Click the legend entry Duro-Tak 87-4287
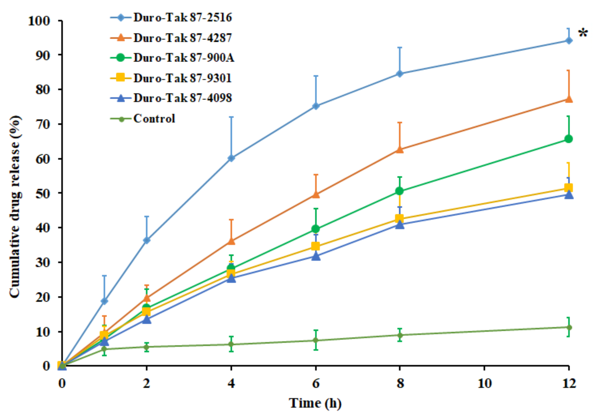click(x=183, y=38)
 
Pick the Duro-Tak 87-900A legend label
click(x=184, y=58)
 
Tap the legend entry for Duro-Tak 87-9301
click(x=183, y=78)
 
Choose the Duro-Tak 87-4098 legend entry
click(x=183, y=98)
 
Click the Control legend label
click(x=154, y=119)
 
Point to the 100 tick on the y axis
click(x=39, y=21)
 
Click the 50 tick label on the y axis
click(x=43, y=193)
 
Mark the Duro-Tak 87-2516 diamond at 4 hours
click(x=231, y=158)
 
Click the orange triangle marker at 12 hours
click(x=569, y=99)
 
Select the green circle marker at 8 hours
click(x=400, y=191)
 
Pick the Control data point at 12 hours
click(x=569, y=327)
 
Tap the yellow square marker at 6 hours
click(x=316, y=246)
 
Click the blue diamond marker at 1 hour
click(x=104, y=301)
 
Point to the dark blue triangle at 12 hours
click(x=569, y=195)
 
